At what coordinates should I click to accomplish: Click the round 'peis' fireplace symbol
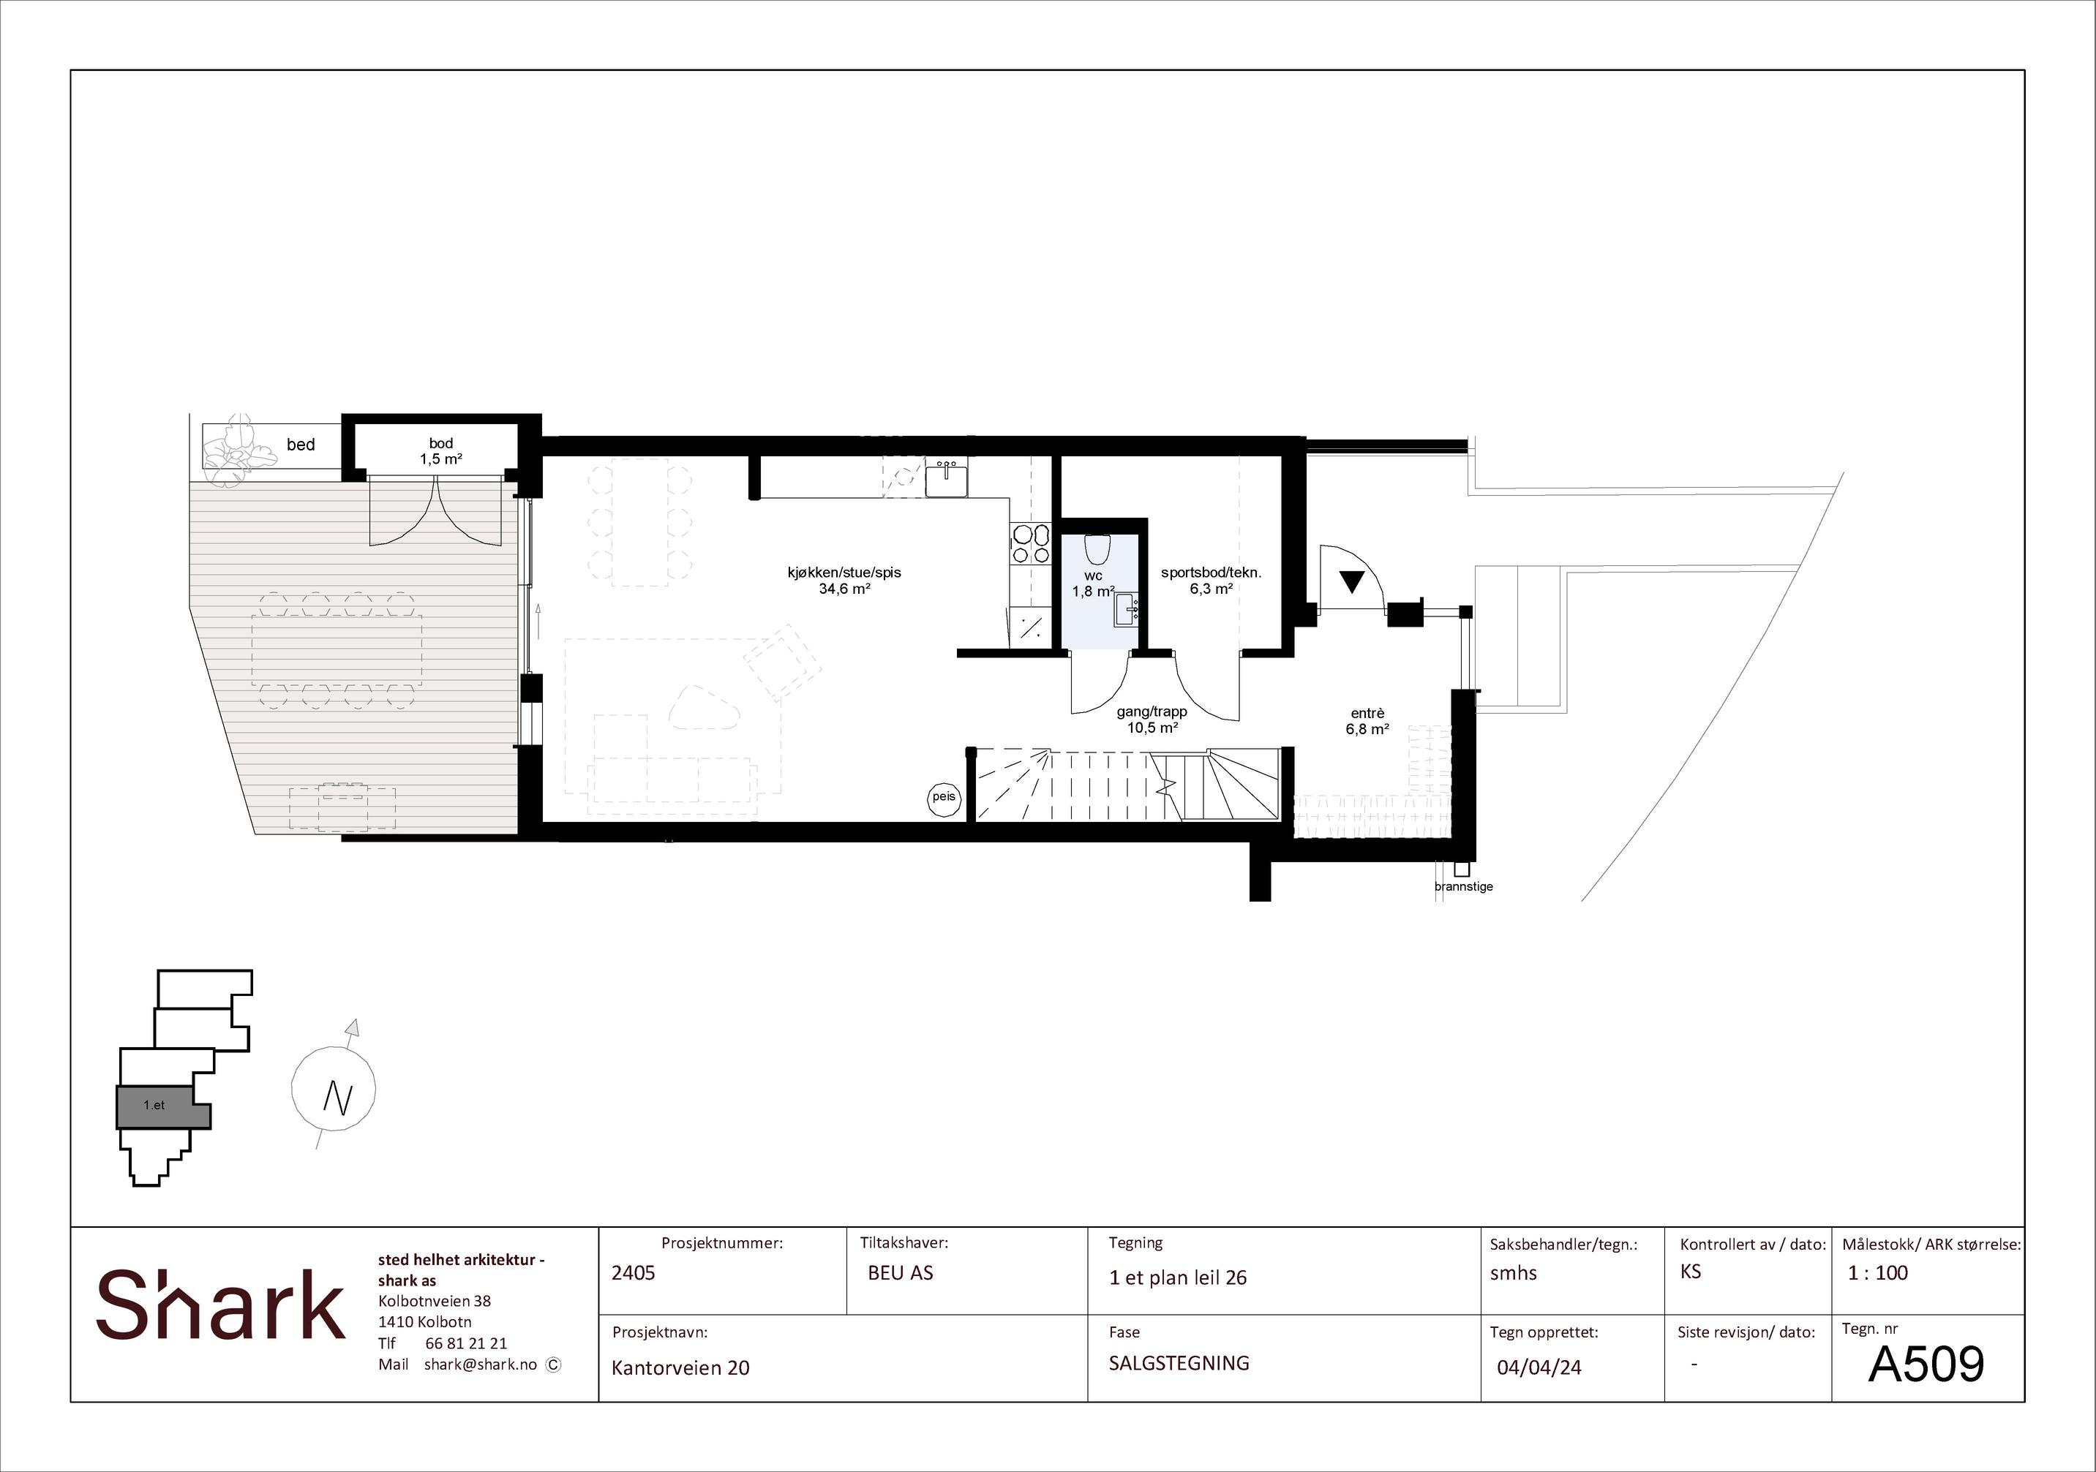coord(944,798)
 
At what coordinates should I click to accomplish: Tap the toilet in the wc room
coord(1097,549)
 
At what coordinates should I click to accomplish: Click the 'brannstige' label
coord(1463,886)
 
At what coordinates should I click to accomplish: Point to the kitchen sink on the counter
coord(947,479)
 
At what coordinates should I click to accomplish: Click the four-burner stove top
coord(1031,544)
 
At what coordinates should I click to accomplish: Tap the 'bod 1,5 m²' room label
coord(441,451)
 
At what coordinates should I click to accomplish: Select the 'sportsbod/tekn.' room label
coord(1212,573)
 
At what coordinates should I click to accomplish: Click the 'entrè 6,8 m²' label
coord(1367,721)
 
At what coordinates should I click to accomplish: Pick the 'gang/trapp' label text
coord(1152,712)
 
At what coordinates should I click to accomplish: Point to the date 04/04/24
coord(1539,1367)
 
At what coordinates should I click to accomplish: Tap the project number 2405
coord(634,1272)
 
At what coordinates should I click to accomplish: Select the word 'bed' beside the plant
coord(301,445)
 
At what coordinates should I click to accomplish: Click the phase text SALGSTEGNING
coord(1179,1362)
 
